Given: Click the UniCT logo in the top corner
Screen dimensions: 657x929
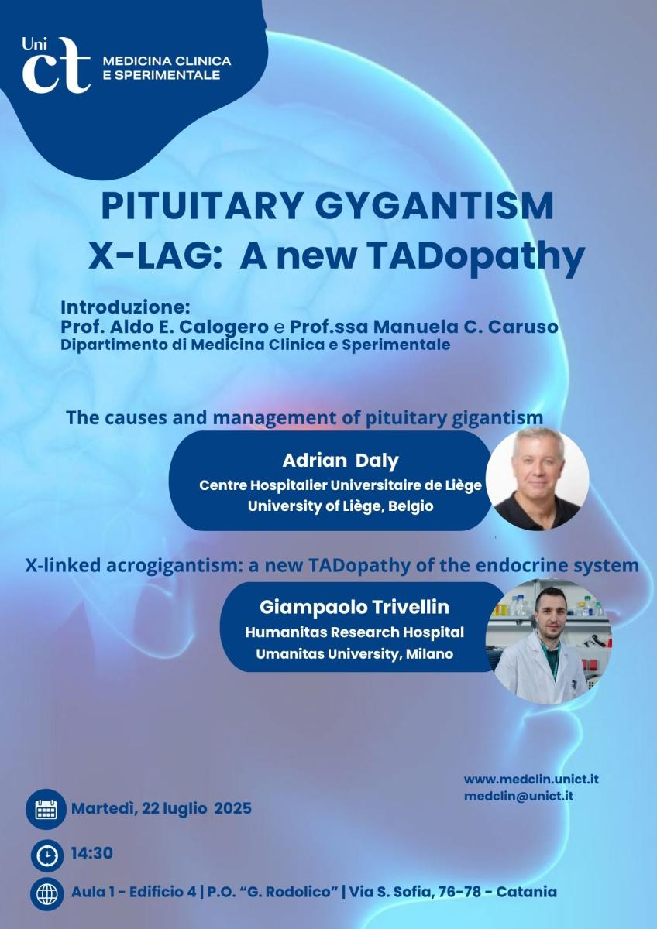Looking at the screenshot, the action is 57,65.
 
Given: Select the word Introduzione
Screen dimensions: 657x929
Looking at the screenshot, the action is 125,308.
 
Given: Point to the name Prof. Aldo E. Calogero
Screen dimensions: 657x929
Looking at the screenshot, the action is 164,327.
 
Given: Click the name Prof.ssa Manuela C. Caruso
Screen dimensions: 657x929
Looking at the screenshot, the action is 423,327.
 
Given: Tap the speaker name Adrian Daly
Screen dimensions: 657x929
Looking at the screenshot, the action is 340,461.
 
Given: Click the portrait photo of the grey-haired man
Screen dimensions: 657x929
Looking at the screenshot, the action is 538,478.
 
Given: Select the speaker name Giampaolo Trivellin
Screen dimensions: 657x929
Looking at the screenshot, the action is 354,607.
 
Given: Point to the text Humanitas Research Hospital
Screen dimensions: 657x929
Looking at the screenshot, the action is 354,632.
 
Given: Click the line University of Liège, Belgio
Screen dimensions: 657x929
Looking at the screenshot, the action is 340,506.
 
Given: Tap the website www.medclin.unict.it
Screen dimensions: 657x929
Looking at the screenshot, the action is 531,779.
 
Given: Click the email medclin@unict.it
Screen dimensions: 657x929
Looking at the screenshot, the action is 519,796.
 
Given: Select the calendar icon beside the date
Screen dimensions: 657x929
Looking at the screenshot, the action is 46,809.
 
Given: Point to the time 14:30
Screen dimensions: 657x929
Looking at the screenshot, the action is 91,853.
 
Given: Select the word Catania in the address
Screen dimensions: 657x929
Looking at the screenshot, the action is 526,891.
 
